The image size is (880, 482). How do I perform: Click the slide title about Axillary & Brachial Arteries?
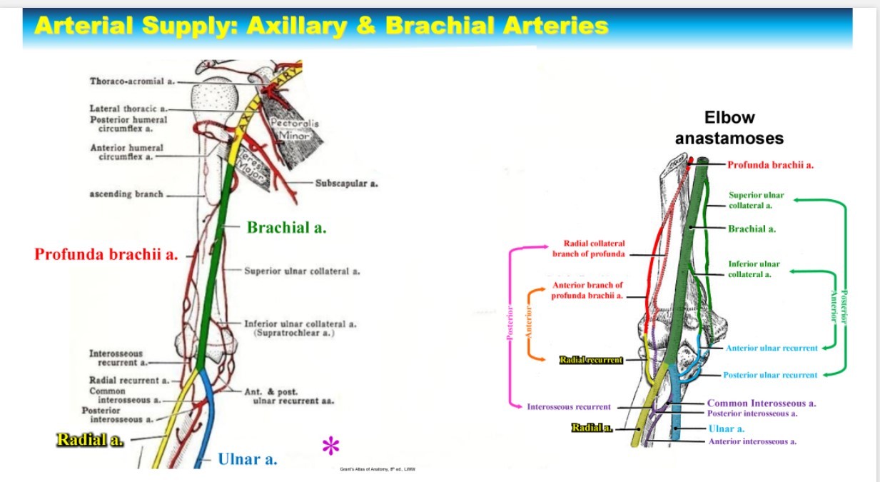point(321,26)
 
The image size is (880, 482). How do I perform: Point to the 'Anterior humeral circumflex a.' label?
point(126,152)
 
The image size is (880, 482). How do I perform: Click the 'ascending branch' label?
point(126,194)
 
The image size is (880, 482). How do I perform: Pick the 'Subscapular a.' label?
point(347,183)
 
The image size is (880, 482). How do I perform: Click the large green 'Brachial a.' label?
point(286,228)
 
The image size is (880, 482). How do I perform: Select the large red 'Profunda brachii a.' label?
point(106,253)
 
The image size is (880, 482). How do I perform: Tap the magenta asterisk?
point(330,447)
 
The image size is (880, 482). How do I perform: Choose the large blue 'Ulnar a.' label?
point(248,459)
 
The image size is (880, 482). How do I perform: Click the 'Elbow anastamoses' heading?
point(729,127)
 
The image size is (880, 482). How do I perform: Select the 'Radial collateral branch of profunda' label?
point(589,248)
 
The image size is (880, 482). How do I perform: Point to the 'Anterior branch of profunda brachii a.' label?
point(587,290)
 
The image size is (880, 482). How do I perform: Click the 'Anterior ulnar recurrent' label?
point(772,348)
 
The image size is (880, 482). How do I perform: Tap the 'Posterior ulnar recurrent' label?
point(770,375)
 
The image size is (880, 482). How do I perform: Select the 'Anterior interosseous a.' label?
point(752,441)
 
